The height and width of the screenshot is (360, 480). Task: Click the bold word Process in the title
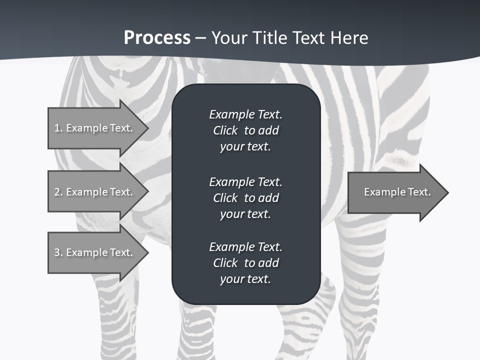pos(157,38)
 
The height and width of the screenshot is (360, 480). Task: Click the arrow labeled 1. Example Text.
pos(95,128)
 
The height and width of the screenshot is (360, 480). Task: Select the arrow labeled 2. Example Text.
pos(95,192)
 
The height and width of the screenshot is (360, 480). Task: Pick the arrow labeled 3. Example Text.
pos(95,252)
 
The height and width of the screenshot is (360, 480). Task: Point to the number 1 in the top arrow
pos(57,128)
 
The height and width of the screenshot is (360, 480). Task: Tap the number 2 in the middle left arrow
pos(57,192)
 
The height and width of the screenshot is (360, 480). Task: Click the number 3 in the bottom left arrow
pos(57,252)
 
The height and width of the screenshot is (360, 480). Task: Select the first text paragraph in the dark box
pos(245,130)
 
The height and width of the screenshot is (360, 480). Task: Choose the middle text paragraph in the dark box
pos(245,198)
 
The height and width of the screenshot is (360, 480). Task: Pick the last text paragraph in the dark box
pos(245,263)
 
